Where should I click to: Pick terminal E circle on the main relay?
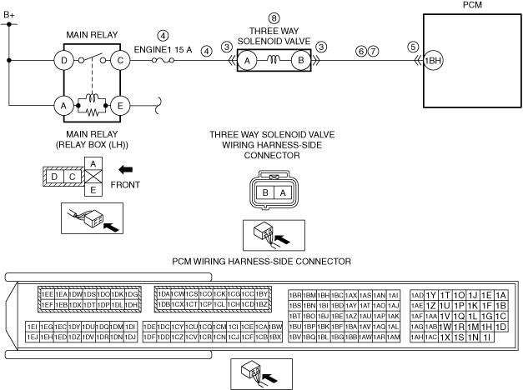tap(121, 106)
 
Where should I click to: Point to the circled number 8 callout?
tap(273, 17)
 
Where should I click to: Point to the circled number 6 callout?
tap(360, 50)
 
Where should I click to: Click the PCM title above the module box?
tap(472, 6)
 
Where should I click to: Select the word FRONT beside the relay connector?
tap(125, 185)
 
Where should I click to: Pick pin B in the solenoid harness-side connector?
tap(265, 192)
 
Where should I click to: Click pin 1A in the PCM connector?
tap(500, 295)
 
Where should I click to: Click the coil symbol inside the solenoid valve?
tap(273, 60)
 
